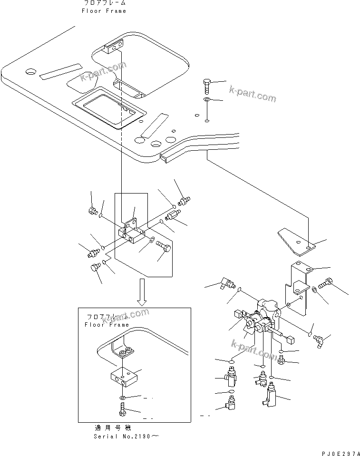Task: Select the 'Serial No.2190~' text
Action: [124, 436]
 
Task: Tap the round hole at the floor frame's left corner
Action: [31, 72]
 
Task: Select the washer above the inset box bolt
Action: [122, 397]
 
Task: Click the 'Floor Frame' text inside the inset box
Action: [105, 325]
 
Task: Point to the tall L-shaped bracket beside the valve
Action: [299, 290]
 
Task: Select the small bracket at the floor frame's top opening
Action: [114, 46]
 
